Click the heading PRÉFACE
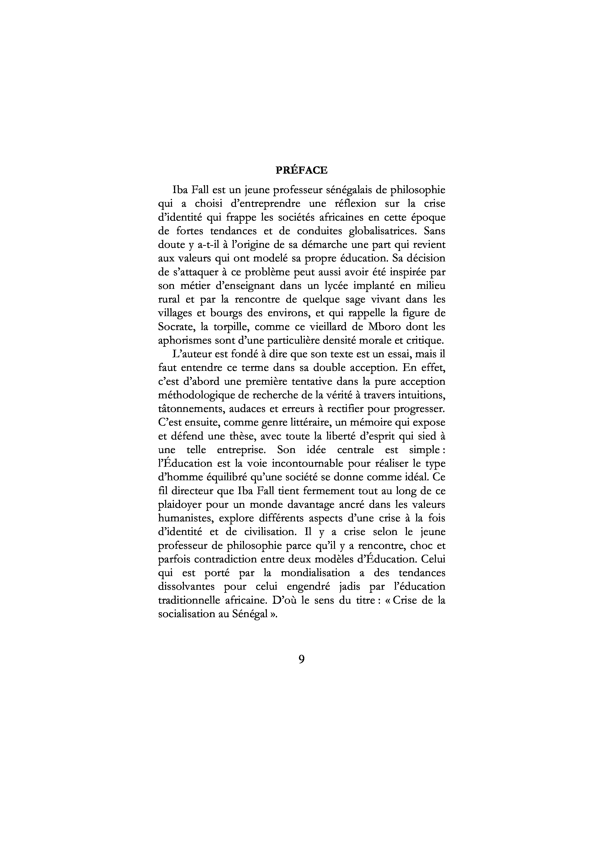click(x=301, y=170)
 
